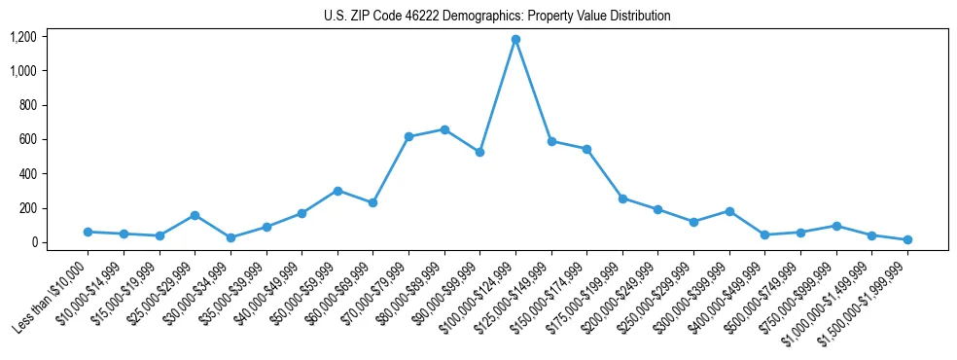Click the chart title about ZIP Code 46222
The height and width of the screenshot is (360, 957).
[x=497, y=17]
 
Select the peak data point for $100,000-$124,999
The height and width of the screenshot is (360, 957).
[x=515, y=40]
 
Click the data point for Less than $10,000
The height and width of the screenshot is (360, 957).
[x=88, y=232]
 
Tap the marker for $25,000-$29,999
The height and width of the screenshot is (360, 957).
[x=195, y=215]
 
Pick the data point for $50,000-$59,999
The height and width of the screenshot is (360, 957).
[x=337, y=191]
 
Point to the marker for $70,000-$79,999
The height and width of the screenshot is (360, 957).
[x=408, y=136]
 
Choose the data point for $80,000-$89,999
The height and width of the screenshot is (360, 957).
[x=444, y=129]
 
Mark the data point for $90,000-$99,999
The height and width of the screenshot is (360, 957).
[x=479, y=152]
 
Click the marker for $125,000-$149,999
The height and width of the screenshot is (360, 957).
[x=551, y=141]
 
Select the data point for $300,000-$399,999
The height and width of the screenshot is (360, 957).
[x=729, y=211]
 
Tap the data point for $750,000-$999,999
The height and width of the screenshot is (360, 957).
[x=836, y=226]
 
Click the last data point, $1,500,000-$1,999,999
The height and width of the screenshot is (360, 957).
[x=907, y=239]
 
